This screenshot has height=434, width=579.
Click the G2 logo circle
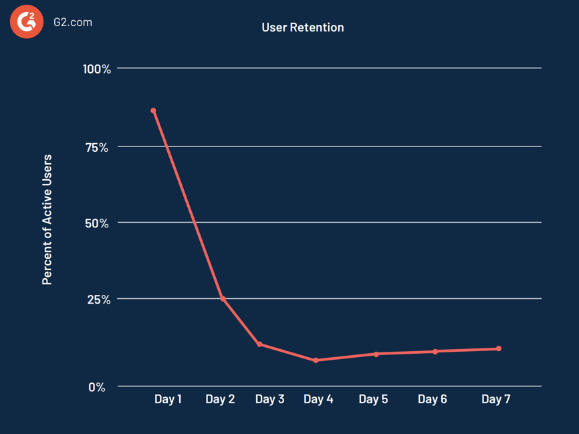[26, 22]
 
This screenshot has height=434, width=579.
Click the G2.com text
[73, 22]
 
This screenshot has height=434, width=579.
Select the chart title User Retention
[303, 27]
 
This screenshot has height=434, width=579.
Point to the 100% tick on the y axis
[97, 69]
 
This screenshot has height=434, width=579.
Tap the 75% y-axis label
[97, 147]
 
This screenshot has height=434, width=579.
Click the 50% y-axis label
[97, 223]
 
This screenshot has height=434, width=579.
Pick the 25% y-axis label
[98, 300]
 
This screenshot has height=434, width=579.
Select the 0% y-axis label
[97, 387]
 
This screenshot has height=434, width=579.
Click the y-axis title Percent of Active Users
[47, 220]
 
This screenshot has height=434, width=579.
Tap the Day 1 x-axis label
[168, 399]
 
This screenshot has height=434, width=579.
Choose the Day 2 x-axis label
[220, 399]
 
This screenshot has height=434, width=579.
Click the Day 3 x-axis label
[269, 399]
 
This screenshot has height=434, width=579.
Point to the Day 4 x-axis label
[318, 399]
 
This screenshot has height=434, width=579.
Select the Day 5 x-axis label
[373, 399]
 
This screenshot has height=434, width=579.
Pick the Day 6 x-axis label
[432, 399]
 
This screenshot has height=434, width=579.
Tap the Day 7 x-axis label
[495, 399]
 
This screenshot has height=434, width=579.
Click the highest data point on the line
[153, 111]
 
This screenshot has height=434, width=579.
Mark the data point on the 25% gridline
[223, 298]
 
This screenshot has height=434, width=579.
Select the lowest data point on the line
[316, 360]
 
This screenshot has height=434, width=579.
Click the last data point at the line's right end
[499, 348]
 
